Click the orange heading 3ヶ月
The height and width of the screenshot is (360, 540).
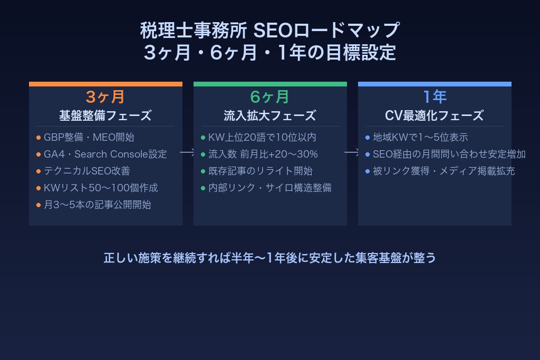(x=105, y=97)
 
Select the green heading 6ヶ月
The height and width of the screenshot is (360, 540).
(x=270, y=97)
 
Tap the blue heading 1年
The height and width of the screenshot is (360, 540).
(x=435, y=97)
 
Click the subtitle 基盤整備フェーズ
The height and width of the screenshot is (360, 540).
(x=105, y=115)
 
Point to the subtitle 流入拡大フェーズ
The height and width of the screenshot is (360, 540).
(x=270, y=115)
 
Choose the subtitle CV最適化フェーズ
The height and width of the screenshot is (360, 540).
(x=435, y=115)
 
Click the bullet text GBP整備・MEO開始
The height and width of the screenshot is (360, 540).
(x=89, y=138)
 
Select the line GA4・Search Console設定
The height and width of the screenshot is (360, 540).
(x=105, y=154)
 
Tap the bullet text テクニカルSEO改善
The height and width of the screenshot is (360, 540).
(x=86, y=171)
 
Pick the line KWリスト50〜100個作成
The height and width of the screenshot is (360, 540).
(x=101, y=188)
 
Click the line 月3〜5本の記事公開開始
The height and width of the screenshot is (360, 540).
(x=97, y=205)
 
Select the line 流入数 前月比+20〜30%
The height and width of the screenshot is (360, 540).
(x=263, y=154)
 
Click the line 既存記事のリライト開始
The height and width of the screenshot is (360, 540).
(x=260, y=171)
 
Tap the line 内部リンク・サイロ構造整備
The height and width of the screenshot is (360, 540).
(x=269, y=188)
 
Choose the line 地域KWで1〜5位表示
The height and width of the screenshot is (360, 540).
(x=420, y=138)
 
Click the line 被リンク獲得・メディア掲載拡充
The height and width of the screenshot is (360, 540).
(x=443, y=171)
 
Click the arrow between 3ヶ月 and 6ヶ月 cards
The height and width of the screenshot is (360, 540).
(x=188, y=152)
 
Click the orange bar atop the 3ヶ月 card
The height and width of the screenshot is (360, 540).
(x=105, y=84)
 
